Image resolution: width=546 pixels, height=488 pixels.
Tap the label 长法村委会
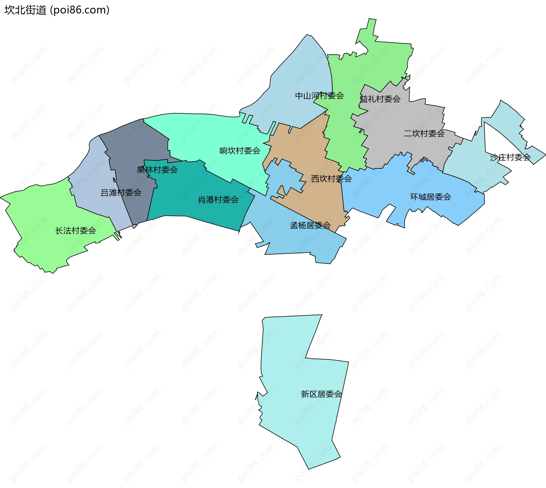[76, 231]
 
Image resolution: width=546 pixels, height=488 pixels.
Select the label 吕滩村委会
[121, 193]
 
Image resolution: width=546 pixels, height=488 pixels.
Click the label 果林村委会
[157, 170]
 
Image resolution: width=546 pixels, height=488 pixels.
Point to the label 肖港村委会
[218, 200]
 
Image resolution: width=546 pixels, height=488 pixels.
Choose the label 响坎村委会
[240, 151]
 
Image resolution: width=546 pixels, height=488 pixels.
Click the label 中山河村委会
[319, 96]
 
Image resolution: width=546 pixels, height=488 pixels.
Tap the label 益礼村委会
[380, 99]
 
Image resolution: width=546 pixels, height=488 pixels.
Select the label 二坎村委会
[424, 134]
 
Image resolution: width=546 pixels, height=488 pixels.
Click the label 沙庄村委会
[510, 157]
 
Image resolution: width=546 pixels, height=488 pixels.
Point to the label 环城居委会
[431, 197]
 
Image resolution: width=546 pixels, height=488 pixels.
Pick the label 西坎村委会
[331, 179]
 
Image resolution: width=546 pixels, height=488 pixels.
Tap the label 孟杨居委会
[310, 226]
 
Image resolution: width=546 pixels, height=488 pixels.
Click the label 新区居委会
[321, 394]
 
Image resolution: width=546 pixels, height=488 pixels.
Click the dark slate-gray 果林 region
[134, 142]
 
